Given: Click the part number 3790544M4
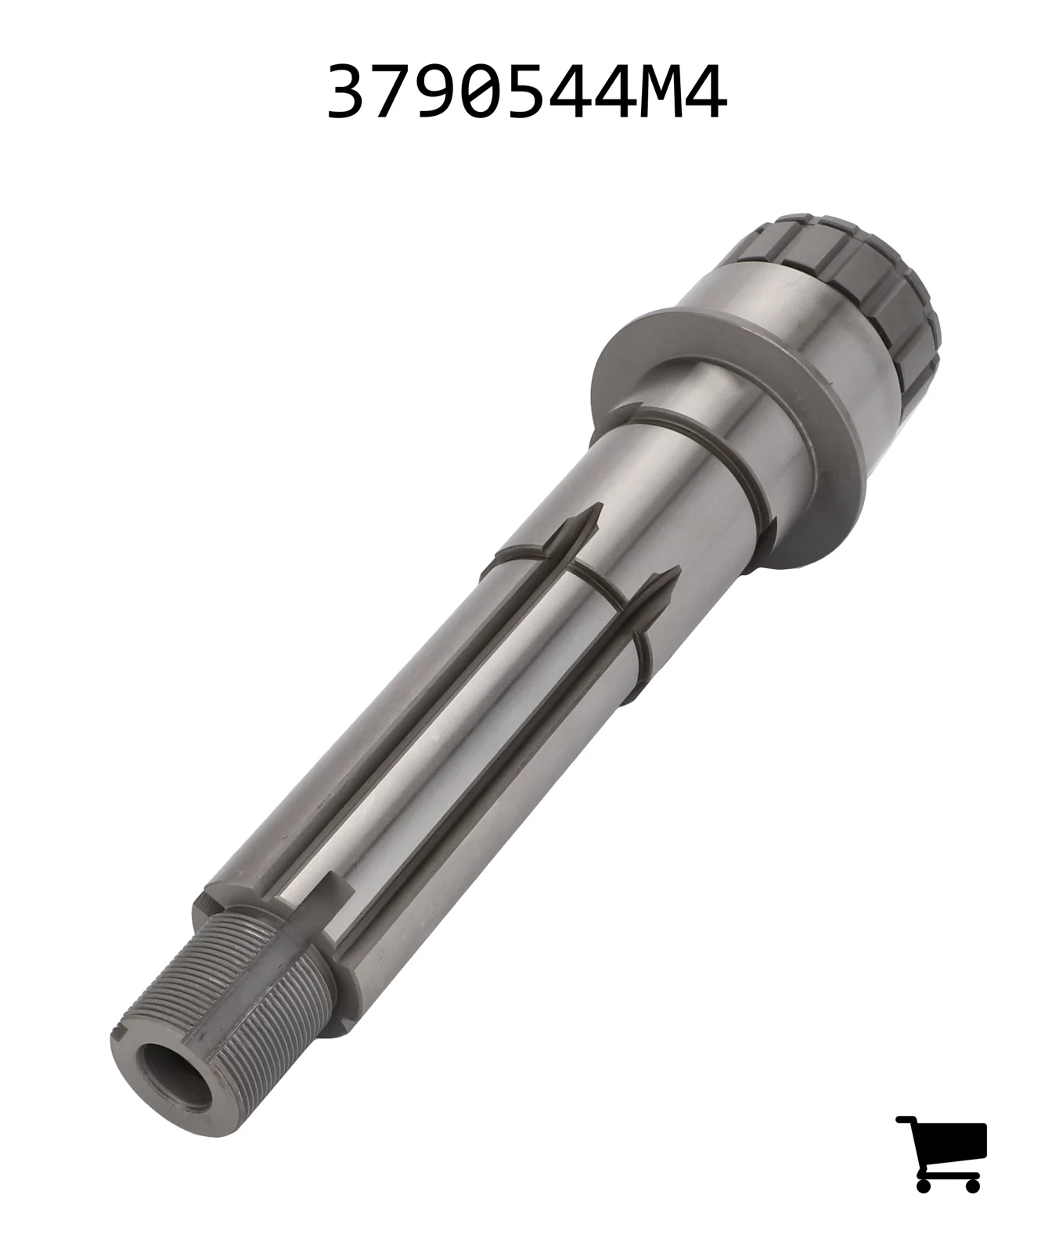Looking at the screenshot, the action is (x=526, y=92).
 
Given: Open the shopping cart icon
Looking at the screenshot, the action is (x=942, y=1154).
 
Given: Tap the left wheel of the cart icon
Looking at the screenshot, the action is (x=924, y=1185).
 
